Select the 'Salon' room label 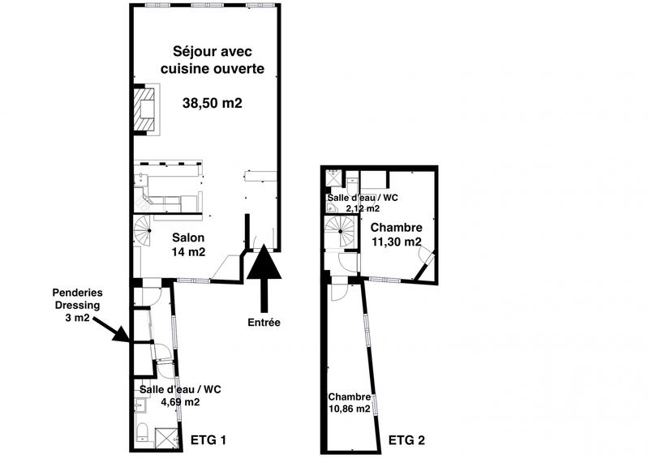tap(188, 238)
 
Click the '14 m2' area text tap(188, 252)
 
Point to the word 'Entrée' tap(264, 323)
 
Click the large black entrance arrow tap(264, 280)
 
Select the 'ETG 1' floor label tap(208, 440)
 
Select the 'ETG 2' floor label tap(406, 441)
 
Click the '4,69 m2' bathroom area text tap(170, 401)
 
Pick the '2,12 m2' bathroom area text tap(362, 208)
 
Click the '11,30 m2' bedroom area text tap(396, 242)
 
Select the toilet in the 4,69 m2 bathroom tap(140, 430)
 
